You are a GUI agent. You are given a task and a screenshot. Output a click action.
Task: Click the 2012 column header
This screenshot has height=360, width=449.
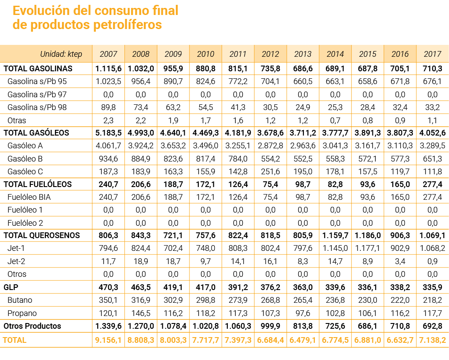(x=270, y=54)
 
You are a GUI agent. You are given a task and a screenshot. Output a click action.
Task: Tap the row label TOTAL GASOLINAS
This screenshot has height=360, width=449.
(x=38, y=69)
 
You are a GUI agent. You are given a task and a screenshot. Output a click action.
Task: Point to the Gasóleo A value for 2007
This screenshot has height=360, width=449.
(x=109, y=146)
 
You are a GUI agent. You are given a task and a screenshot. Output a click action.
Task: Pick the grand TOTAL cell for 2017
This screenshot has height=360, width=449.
(x=432, y=340)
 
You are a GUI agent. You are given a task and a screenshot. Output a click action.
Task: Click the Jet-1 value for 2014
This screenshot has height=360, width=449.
(x=335, y=248)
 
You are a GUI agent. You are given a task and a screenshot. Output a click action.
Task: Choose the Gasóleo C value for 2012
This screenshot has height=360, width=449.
(x=270, y=171)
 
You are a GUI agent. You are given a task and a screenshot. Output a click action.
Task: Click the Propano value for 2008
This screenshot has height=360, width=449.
(x=141, y=313)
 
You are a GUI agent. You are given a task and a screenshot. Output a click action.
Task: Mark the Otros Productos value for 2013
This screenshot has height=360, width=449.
(x=303, y=326)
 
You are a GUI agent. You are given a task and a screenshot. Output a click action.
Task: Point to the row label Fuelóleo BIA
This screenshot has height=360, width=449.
(x=29, y=197)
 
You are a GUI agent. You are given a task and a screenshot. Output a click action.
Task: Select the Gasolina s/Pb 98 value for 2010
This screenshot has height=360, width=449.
(x=205, y=107)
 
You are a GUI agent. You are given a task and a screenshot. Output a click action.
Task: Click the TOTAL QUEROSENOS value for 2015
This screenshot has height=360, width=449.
(x=367, y=235)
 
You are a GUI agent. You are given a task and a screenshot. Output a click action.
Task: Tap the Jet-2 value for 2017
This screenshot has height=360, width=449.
(x=432, y=261)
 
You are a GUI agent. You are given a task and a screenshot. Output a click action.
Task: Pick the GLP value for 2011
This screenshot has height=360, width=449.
(x=238, y=287)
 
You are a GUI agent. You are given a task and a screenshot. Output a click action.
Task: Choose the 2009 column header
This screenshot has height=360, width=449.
(x=173, y=54)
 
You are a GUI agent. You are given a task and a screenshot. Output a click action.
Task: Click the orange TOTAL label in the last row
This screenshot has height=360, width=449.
(x=15, y=340)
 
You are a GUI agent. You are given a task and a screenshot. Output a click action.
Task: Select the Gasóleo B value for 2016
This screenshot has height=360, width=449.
(x=400, y=158)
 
